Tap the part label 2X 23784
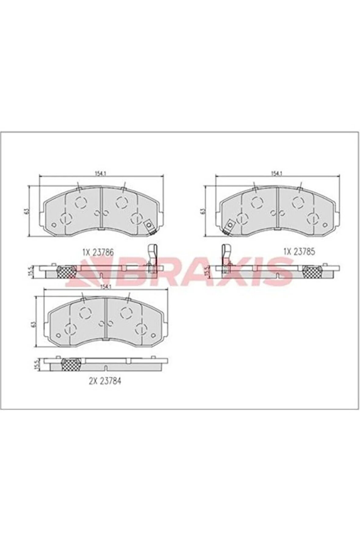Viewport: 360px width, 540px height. point(105,382)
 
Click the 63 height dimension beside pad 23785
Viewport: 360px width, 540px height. point(203,210)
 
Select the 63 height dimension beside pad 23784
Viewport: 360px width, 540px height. point(34,323)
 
